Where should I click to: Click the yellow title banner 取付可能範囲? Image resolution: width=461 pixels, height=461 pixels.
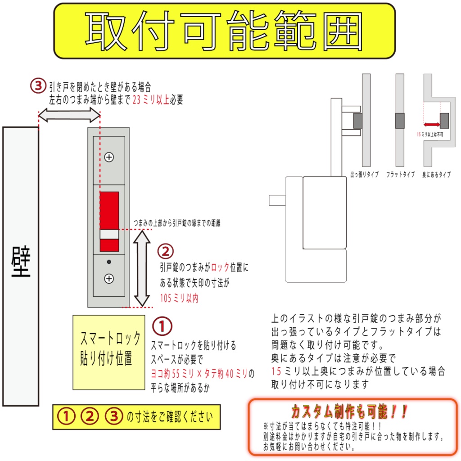(224, 31)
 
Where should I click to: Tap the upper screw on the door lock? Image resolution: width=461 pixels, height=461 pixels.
(108, 157)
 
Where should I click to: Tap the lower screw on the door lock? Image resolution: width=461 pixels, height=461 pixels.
(108, 279)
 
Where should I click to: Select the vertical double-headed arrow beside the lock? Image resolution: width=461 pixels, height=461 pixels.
(143, 268)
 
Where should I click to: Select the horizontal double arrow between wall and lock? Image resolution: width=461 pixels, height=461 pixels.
(69, 116)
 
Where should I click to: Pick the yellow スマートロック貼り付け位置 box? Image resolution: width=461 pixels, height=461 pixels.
(109, 352)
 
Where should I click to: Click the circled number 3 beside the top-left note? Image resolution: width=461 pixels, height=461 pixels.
(38, 86)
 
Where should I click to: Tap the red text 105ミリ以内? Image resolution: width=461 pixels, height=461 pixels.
(179, 298)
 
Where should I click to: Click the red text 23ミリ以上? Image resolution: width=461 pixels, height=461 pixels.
(151, 100)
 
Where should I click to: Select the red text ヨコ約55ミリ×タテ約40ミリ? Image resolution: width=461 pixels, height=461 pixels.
(199, 373)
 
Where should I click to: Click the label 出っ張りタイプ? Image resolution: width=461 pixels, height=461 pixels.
(365, 175)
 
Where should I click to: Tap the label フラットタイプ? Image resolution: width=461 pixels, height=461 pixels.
(400, 175)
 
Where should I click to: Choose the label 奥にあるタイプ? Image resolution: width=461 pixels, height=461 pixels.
(437, 175)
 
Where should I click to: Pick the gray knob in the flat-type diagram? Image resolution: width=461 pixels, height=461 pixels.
(400, 121)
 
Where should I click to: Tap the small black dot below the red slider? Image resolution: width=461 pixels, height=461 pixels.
(108, 262)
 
